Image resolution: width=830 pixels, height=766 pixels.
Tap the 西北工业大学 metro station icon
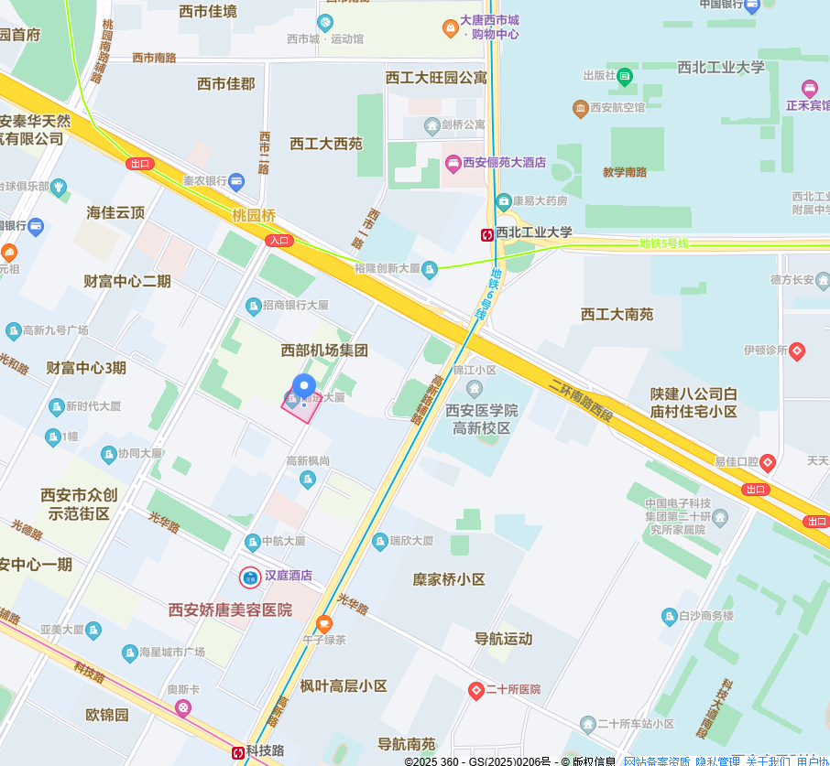[x=487, y=234]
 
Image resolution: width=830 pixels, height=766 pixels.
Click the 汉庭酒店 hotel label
[x=289, y=577]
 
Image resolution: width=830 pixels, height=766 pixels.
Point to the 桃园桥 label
[x=253, y=216]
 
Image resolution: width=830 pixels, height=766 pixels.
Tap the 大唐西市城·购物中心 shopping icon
[x=450, y=27]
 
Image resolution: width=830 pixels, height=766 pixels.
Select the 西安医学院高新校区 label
[x=482, y=418]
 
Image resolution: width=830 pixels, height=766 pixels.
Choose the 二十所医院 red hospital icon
[x=475, y=690]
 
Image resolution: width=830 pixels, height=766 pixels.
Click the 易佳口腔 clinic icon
[x=768, y=463]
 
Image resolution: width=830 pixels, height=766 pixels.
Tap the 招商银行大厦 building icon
[x=253, y=305]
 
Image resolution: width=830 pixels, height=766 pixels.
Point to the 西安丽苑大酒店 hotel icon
[x=453, y=163]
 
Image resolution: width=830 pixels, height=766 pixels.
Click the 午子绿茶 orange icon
[x=323, y=623]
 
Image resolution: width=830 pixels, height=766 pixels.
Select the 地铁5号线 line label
[x=663, y=243]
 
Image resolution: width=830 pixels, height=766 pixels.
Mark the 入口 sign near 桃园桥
[x=278, y=241]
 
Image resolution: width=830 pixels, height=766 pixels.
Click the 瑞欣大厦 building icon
[x=379, y=541]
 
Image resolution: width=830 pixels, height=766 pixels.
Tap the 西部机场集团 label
[x=324, y=350]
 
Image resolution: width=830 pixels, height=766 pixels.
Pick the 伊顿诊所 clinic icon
[x=797, y=351]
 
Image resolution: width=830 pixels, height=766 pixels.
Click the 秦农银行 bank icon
[x=236, y=181]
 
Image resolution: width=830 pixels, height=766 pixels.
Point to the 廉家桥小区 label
[x=448, y=579]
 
